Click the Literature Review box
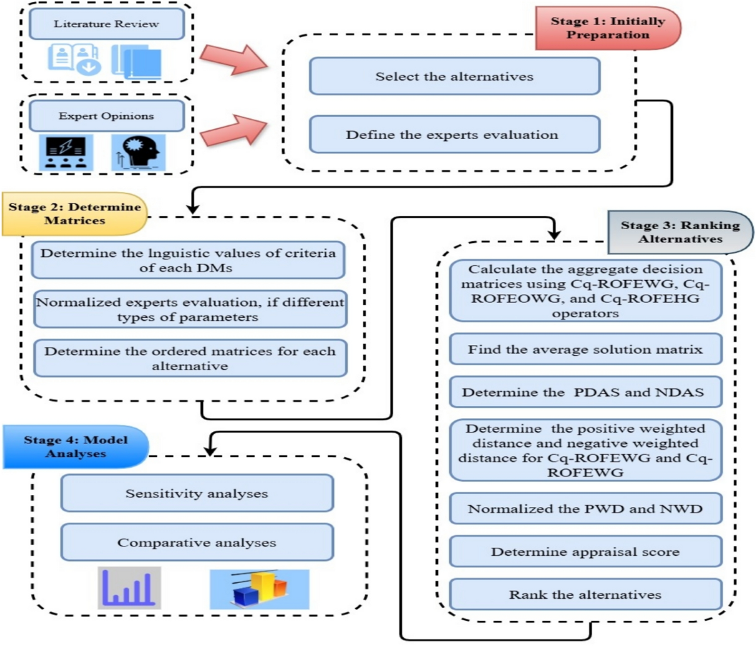click(106, 25)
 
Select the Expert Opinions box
click(106, 116)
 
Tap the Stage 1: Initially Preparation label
click(607, 28)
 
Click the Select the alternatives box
click(454, 77)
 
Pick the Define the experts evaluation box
click(452, 135)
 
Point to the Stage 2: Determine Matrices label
click(74, 214)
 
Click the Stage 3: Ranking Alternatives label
click(680, 232)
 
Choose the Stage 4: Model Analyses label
click(76, 447)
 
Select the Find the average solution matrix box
click(585, 349)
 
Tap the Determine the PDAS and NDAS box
click(583, 392)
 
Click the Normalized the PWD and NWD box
click(585, 509)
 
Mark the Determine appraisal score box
click(585, 552)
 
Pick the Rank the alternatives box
click(585, 595)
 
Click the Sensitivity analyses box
click(197, 494)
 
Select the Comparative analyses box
click(197, 543)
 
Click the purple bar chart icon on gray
click(129, 588)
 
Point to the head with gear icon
click(139, 152)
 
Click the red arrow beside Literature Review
click(234, 60)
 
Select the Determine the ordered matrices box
click(190, 359)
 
